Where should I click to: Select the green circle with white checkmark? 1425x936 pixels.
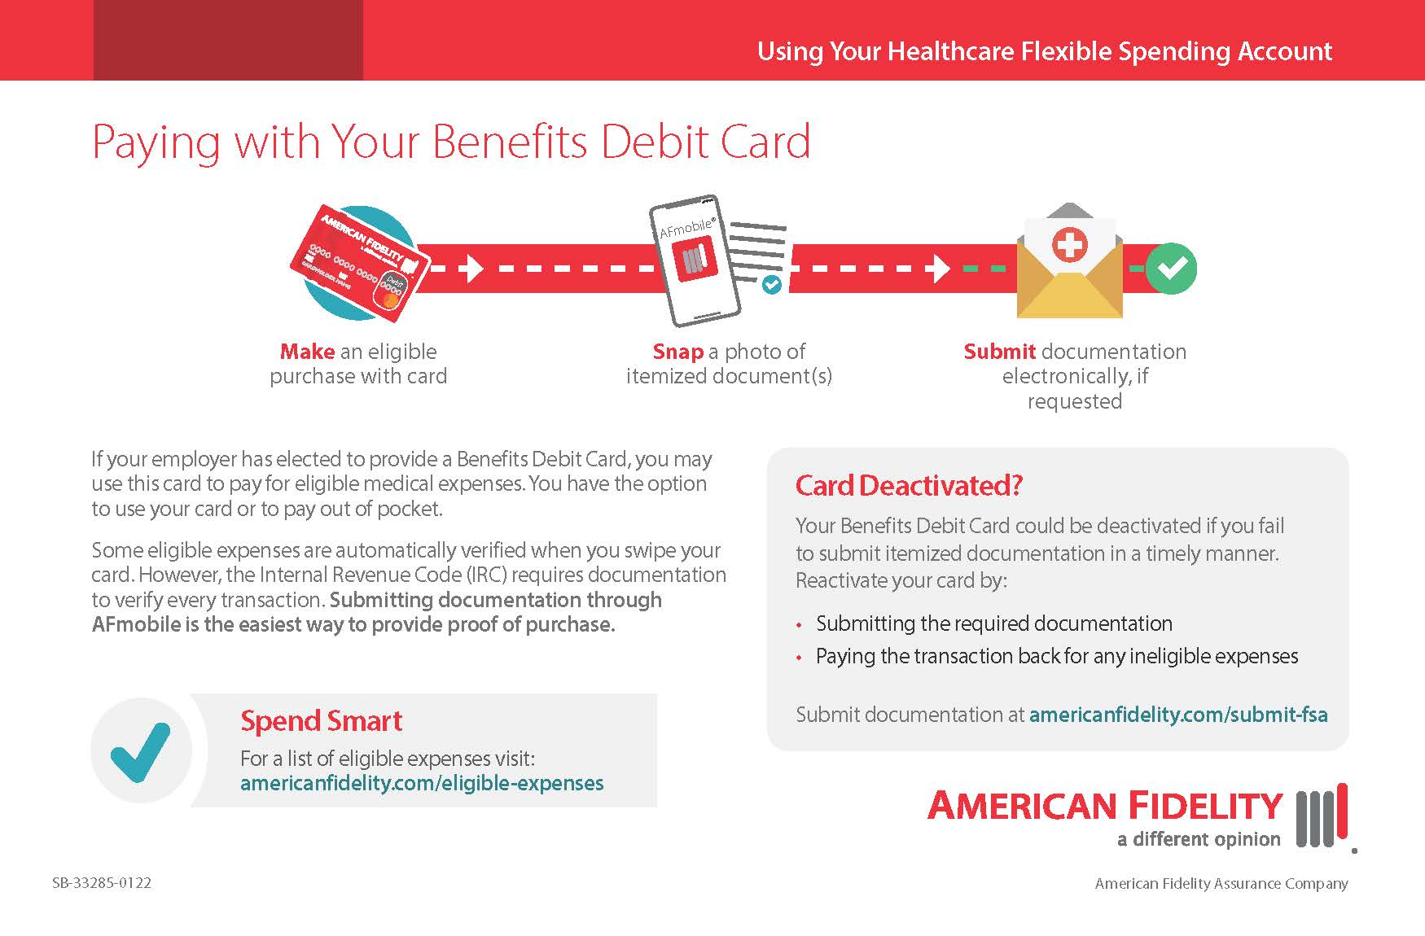tap(1171, 268)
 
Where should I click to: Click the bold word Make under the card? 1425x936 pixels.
tap(307, 352)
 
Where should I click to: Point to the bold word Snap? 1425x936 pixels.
tap(677, 352)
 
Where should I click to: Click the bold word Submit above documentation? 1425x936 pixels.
tap(999, 352)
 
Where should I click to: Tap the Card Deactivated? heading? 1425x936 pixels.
tap(909, 486)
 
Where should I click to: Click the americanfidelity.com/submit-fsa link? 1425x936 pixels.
tap(1178, 715)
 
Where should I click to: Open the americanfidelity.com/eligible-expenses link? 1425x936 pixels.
tap(422, 783)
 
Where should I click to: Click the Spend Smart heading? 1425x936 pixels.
tap(321, 721)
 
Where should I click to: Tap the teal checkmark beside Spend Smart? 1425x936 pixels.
tap(141, 751)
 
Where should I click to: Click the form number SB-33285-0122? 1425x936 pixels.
tap(102, 883)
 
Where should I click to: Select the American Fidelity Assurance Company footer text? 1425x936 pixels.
tap(1221, 883)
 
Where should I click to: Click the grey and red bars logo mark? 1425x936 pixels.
tap(1322, 818)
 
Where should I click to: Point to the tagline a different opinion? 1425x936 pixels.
tap(1198, 839)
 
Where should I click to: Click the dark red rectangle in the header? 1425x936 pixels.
tap(228, 40)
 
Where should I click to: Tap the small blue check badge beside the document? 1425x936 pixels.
tap(770, 284)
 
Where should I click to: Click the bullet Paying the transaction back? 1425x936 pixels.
tap(1056, 656)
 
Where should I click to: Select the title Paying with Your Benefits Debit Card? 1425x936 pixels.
tap(451, 142)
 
